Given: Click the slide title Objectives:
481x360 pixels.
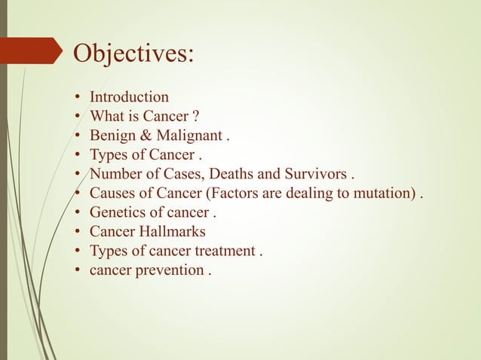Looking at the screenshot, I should [132, 53].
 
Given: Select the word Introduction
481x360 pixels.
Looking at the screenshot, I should [129, 97].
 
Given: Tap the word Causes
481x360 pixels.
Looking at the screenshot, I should [112, 194].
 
